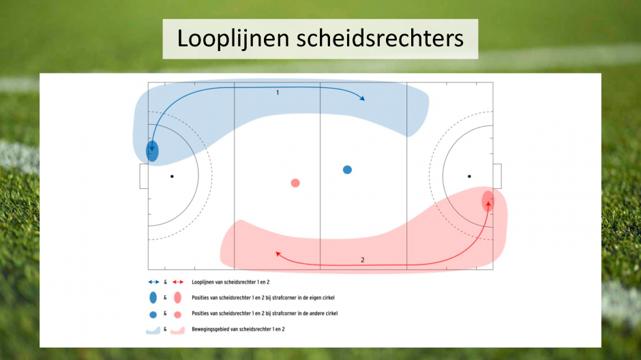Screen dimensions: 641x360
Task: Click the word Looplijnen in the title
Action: tap(233, 39)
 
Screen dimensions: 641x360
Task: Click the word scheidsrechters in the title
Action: tap(381, 38)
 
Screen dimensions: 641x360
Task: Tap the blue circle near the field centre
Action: tap(347, 170)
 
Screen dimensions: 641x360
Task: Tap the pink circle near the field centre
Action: tap(295, 183)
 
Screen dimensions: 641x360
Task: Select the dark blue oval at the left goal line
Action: tap(153, 151)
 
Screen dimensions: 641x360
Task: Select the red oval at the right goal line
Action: tap(488, 201)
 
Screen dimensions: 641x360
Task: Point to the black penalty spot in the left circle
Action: tap(172, 177)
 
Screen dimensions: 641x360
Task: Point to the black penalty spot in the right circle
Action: tap(469, 177)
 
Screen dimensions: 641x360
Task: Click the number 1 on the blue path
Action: tap(278, 93)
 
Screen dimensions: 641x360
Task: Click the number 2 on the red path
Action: tap(363, 260)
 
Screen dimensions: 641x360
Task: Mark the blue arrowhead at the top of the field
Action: tap(361, 97)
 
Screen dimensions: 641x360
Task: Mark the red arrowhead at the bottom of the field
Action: tap(279, 254)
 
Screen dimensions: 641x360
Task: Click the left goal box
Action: tap(144, 177)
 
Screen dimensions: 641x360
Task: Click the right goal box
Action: tap(497, 176)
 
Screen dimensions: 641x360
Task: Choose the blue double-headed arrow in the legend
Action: tap(153, 282)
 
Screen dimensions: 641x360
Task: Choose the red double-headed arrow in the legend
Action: tap(178, 282)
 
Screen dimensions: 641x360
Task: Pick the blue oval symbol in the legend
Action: tap(153, 297)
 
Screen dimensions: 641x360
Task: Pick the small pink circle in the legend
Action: tap(177, 315)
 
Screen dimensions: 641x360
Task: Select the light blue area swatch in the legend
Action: tap(153, 330)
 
